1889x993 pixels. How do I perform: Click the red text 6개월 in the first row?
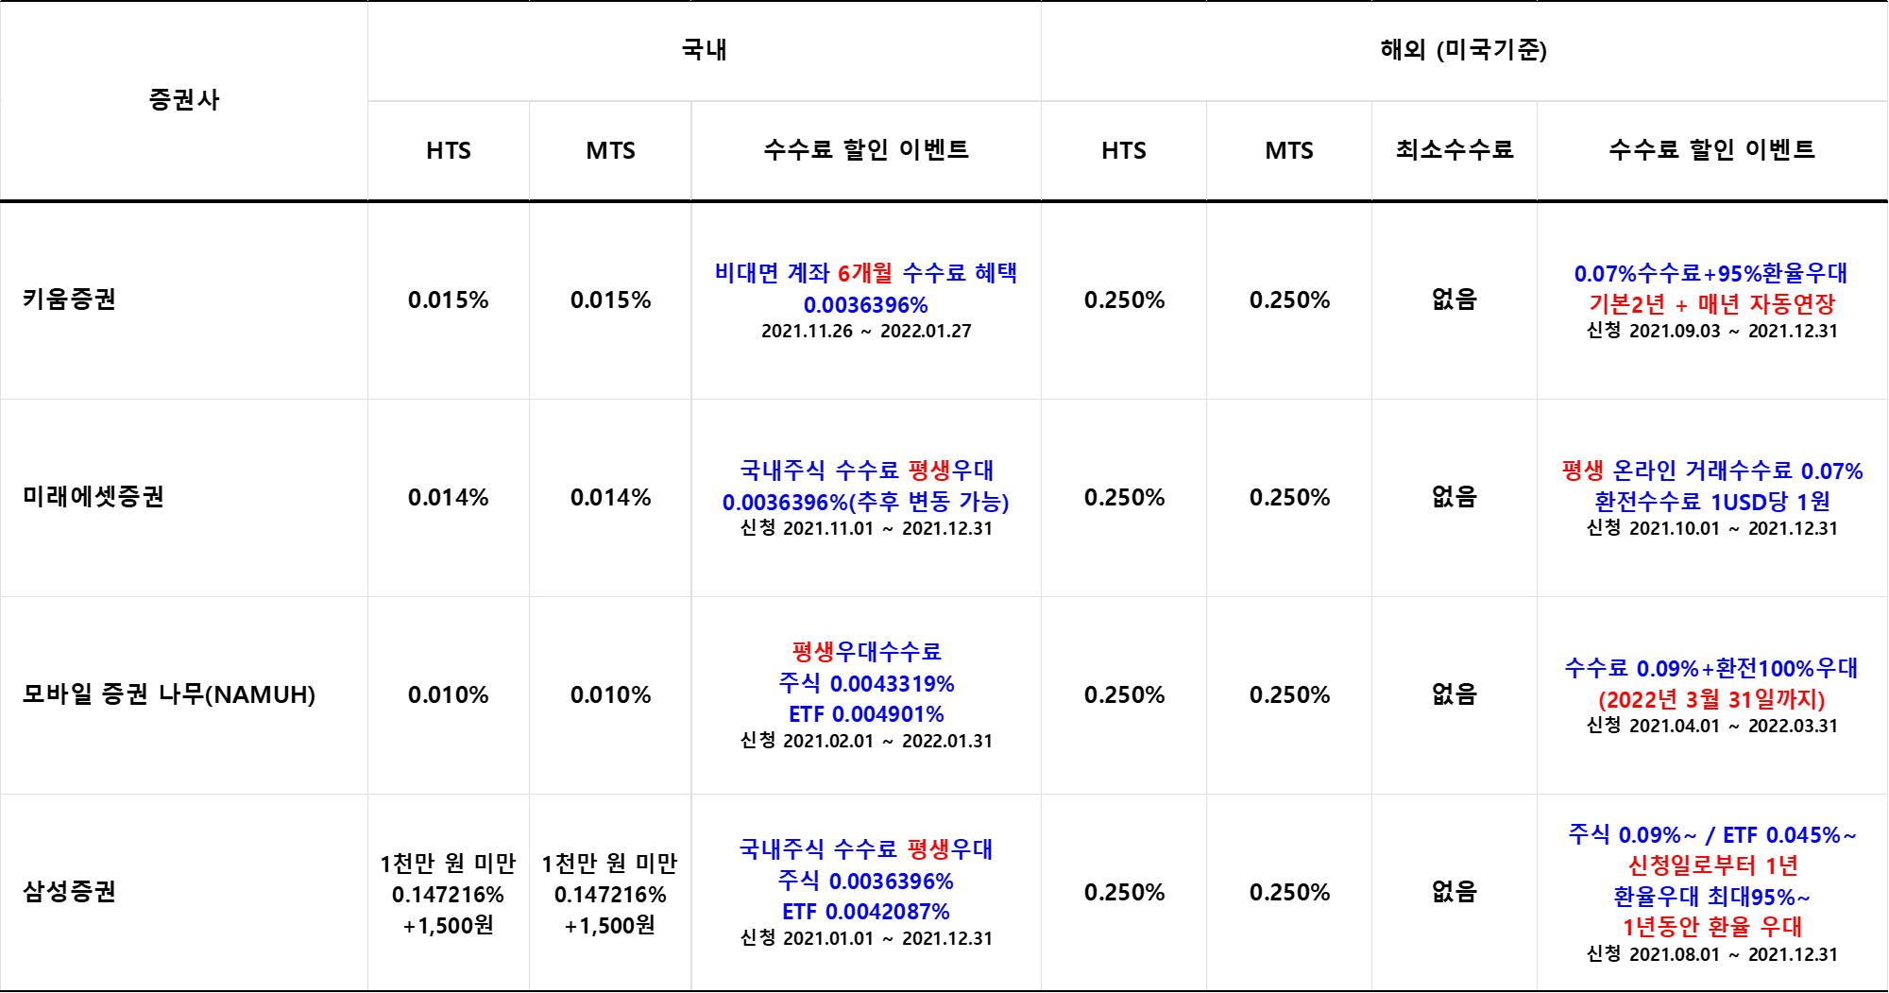tap(864, 273)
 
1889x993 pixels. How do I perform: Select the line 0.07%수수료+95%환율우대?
tap(1710, 274)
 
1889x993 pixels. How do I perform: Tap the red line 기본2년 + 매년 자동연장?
tap(1711, 305)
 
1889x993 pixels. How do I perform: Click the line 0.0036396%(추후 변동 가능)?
tap(865, 503)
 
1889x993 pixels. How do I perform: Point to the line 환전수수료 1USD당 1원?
tap(1711, 503)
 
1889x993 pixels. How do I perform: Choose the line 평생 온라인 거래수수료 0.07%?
tap(1711, 471)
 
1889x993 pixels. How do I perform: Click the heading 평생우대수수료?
tap(866, 652)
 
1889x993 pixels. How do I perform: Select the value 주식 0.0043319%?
tap(866, 683)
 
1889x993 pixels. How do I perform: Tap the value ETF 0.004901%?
tap(866, 714)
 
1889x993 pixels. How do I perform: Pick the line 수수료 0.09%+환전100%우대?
tap(1710, 669)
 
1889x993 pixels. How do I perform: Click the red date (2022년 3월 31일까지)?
tap(1711, 700)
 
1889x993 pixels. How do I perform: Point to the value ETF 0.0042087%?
tap(866, 912)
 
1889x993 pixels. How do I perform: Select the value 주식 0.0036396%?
tap(866, 882)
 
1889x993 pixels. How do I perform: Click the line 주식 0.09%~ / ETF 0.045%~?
tap(1711, 835)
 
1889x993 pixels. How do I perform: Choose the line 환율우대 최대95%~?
tap(1711, 897)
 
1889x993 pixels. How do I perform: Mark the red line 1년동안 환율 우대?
tap(1711, 927)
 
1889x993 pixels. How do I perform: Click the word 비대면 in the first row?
tap(745, 273)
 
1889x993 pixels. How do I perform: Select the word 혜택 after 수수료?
tap(996, 273)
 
